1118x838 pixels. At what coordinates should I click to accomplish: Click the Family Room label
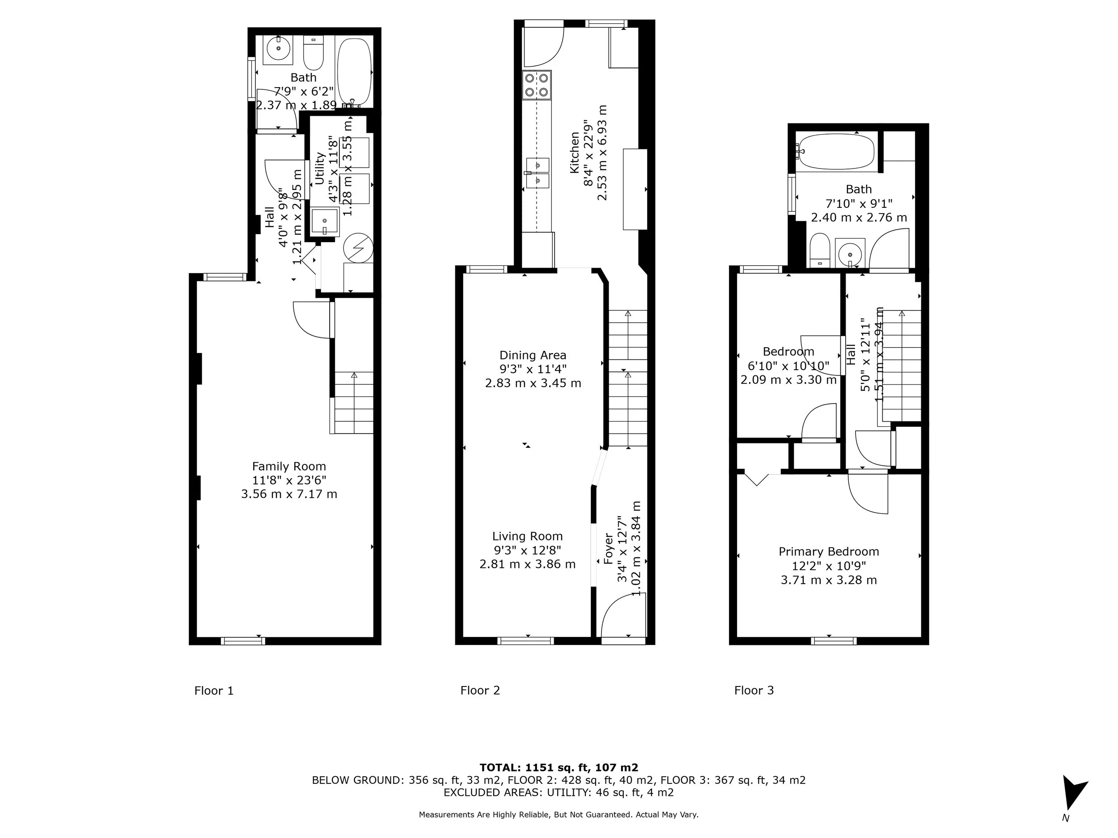pyautogui.click(x=288, y=466)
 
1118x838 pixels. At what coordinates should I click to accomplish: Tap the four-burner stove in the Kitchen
pyautogui.click(x=536, y=85)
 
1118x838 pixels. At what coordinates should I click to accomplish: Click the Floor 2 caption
pyautogui.click(x=480, y=690)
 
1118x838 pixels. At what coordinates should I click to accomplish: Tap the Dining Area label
pyautogui.click(x=533, y=355)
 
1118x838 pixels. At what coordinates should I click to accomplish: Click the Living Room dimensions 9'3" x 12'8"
pyautogui.click(x=527, y=550)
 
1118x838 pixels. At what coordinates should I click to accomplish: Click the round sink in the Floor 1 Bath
pyautogui.click(x=278, y=50)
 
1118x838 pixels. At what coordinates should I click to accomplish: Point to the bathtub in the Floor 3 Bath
pyautogui.click(x=835, y=151)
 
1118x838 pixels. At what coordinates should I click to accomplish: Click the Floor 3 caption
pyautogui.click(x=754, y=690)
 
